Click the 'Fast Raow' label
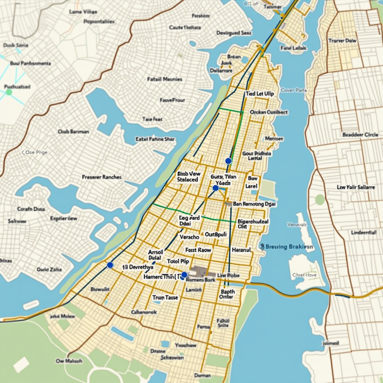tap(198, 250)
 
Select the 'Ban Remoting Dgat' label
tap(254, 204)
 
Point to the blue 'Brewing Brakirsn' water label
tap(287, 247)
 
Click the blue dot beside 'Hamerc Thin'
tap(184, 275)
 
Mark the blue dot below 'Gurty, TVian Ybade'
tap(215, 188)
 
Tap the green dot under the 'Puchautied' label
tap(9, 92)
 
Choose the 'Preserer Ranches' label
tap(101, 177)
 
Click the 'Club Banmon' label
tap(73, 132)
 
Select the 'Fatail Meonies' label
tap(165, 79)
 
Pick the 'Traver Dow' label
tap(342, 40)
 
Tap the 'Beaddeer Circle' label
tap(360, 135)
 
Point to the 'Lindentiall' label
tap(364, 232)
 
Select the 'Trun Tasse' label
tap(165, 297)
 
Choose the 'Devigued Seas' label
tap(234, 33)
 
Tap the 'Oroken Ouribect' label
tap(269, 112)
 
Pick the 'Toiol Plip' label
tap(178, 261)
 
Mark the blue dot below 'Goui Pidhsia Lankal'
tap(228, 161)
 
